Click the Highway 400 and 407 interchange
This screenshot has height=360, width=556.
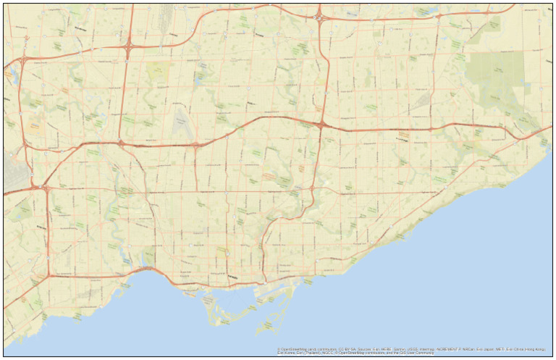129,48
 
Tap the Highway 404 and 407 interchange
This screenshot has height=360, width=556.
319,14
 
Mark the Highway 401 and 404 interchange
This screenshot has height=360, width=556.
321,125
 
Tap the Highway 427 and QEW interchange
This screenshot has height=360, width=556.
49,275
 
